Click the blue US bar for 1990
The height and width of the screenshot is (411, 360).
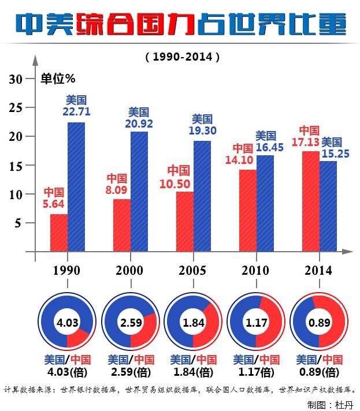[x=76, y=187]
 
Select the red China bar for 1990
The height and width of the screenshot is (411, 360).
[x=59, y=233]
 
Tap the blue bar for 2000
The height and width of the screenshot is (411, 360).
[x=139, y=192]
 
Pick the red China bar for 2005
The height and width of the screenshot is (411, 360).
[x=185, y=221]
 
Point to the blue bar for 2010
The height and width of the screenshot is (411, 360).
[x=265, y=203]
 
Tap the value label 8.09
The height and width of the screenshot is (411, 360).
[x=116, y=188]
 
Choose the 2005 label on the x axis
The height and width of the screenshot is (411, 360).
[x=192, y=270]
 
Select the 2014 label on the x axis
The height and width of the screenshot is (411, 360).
[x=318, y=270]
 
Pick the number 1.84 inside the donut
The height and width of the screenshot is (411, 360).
[x=193, y=323]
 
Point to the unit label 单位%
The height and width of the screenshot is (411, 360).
[x=58, y=78]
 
